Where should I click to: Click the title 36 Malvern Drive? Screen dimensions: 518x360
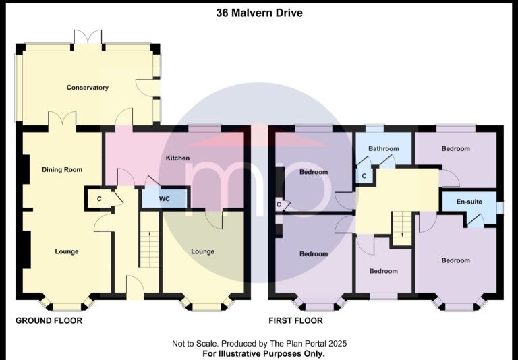[x=259, y=13]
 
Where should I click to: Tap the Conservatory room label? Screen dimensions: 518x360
[x=88, y=88]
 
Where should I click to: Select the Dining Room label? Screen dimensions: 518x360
[x=62, y=170]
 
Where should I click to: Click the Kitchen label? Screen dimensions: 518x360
[x=178, y=158]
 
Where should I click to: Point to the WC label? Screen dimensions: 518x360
[x=164, y=198]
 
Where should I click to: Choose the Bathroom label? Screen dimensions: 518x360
[x=384, y=148]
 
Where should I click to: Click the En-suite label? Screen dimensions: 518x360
[x=469, y=202]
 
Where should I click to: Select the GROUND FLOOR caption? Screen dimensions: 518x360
[x=49, y=320]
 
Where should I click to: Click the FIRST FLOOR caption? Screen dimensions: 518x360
[x=295, y=320]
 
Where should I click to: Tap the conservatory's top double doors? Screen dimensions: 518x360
[x=88, y=38]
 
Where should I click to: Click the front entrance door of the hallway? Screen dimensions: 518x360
[x=135, y=287]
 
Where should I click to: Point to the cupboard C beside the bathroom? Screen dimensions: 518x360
[x=364, y=176]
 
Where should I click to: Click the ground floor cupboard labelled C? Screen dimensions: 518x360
[x=99, y=199]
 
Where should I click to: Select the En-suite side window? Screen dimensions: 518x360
[x=501, y=208]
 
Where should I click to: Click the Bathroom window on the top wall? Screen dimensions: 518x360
[x=374, y=128]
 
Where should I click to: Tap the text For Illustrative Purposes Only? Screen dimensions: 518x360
[x=264, y=353]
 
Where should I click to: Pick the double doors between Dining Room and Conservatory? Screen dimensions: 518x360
[x=63, y=119]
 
